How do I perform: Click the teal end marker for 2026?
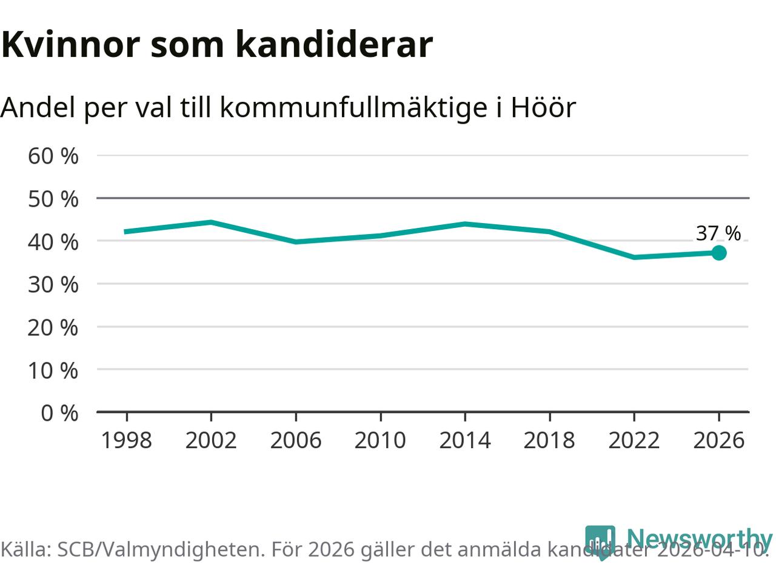(x=718, y=253)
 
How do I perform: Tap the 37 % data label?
(x=718, y=233)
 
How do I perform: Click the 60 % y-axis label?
(x=53, y=156)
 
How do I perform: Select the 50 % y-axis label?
(x=53, y=199)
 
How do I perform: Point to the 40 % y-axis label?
(x=53, y=242)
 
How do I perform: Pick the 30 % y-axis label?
(x=53, y=284)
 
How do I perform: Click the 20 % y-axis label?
(x=53, y=327)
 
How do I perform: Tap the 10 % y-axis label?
(x=53, y=370)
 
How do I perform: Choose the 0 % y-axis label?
(x=59, y=413)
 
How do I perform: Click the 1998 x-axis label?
(x=126, y=440)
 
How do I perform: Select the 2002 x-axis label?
(x=211, y=440)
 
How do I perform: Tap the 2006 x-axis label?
(x=295, y=440)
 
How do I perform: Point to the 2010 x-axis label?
(x=380, y=440)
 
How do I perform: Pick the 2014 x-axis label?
(x=465, y=440)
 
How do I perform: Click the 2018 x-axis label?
(x=549, y=440)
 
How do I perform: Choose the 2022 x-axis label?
(x=634, y=440)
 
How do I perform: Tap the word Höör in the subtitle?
(x=543, y=107)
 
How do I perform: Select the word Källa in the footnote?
(x=26, y=549)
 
